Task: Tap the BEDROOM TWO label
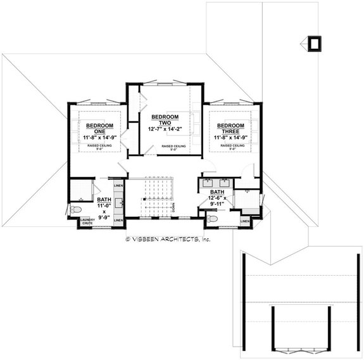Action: click(165, 120)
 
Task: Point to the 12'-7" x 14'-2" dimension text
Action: click(165, 130)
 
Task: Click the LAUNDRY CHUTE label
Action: click(87, 222)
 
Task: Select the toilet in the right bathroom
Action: click(213, 218)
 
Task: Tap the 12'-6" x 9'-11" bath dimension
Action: click(218, 201)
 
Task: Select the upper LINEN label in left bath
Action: click(118, 186)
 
